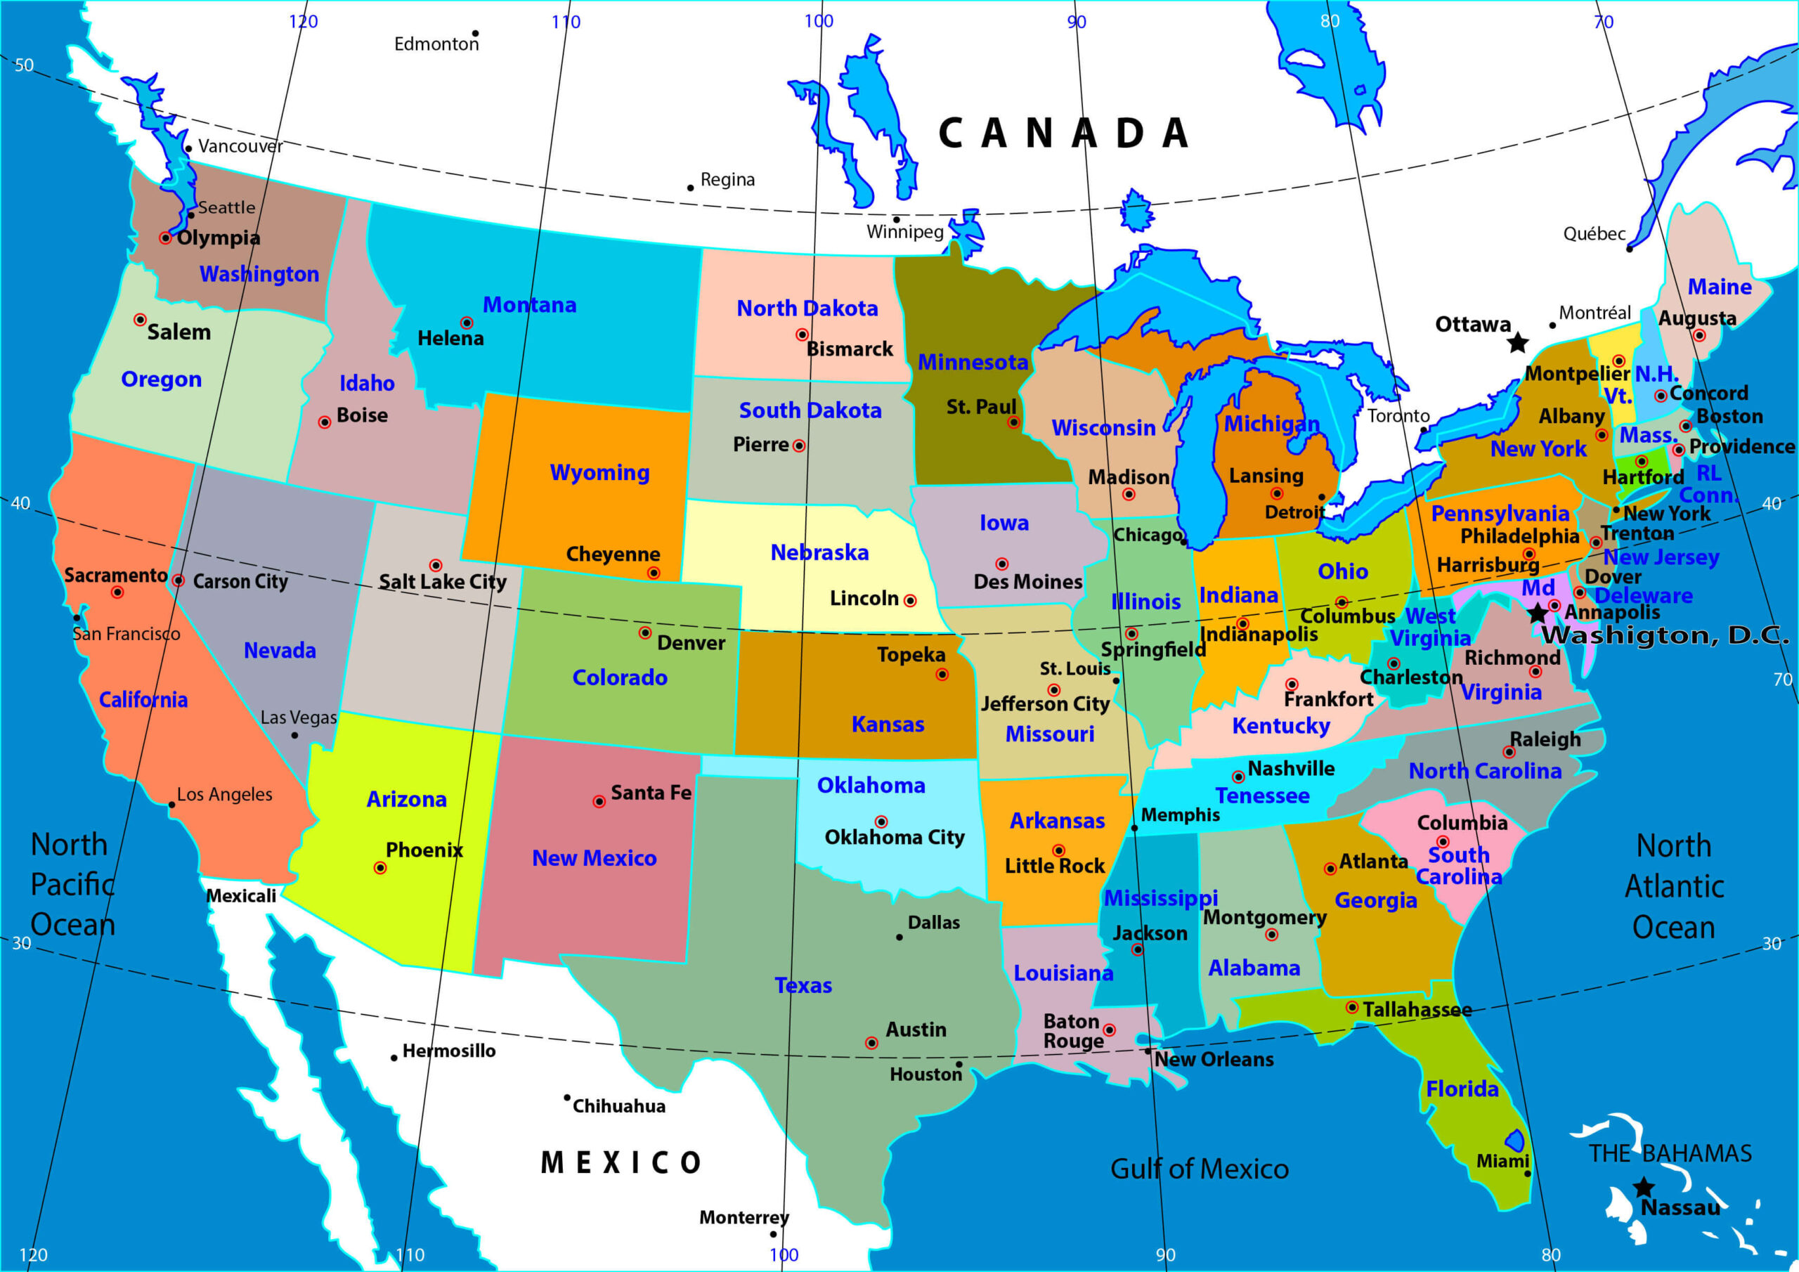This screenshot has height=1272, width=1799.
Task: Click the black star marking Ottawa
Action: click(x=1518, y=342)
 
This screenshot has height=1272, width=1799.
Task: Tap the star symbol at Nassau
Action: click(x=1643, y=1188)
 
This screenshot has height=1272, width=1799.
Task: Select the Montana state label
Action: click(x=529, y=305)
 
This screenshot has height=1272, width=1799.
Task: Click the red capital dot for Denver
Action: click(x=645, y=632)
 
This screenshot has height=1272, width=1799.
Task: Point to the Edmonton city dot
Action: click(x=475, y=34)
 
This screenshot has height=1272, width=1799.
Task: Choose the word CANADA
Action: click(x=1063, y=134)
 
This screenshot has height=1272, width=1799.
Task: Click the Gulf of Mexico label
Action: click(x=1199, y=1169)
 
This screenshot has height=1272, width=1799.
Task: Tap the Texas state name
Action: click(x=803, y=985)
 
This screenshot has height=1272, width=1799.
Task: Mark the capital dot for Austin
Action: click(x=871, y=1042)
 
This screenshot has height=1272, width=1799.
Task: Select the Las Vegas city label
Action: click(x=299, y=717)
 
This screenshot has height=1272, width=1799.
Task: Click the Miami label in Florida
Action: click(x=1502, y=1161)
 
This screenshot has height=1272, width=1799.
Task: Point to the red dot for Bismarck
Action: click(x=802, y=335)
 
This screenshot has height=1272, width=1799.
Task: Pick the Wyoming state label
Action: click(x=599, y=472)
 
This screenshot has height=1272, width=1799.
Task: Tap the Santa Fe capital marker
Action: click(x=599, y=801)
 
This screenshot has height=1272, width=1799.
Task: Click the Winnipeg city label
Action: click(x=905, y=231)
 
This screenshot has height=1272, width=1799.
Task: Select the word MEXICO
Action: click(x=621, y=1162)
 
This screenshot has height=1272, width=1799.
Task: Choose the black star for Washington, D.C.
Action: click(x=1538, y=613)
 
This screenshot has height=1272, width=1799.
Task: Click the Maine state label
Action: click(x=1719, y=287)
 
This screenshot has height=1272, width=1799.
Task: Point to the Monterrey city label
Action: click(x=743, y=1217)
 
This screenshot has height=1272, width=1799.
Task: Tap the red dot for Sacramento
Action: click(x=117, y=592)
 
